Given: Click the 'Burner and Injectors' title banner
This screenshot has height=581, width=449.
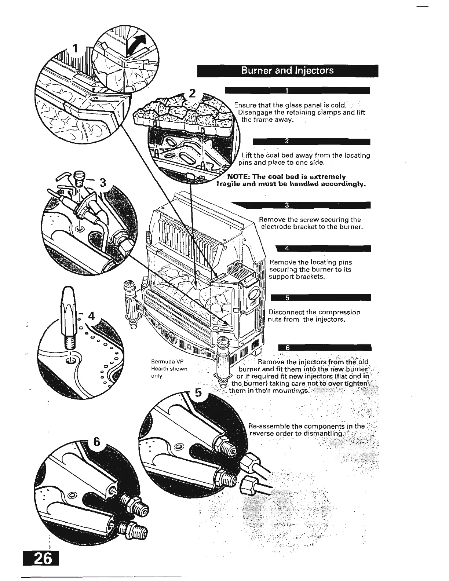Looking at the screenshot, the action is [287, 70].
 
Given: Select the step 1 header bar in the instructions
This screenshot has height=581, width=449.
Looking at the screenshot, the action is [297, 91].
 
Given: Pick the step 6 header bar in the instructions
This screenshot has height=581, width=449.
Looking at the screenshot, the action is [325, 348].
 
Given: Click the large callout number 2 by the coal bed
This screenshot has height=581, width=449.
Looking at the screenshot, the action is [191, 94].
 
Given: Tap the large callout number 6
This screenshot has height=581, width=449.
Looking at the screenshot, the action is [96, 442].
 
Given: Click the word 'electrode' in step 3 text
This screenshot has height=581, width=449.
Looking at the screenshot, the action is [275, 227].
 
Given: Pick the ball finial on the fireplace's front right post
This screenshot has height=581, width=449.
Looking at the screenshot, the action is [223, 343].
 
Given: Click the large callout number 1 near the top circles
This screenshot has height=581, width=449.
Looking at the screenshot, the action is [75, 48].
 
